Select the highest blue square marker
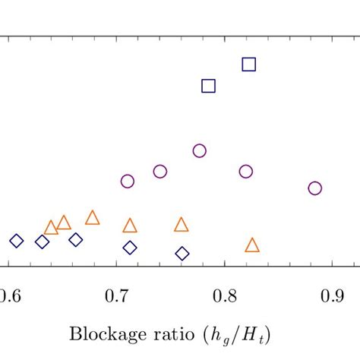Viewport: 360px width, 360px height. pyautogui.click(x=248, y=65)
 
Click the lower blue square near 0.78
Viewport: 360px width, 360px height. pyautogui.click(x=208, y=86)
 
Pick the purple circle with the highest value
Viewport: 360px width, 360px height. pyautogui.click(x=199, y=150)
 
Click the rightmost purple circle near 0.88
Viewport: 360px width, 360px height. pyautogui.click(x=314, y=188)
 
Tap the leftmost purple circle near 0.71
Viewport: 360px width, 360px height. pyautogui.click(x=128, y=181)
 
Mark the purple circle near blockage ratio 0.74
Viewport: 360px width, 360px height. pyautogui.click(x=159, y=172)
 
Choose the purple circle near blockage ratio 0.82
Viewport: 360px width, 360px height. pyautogui.click(x=245, y=172)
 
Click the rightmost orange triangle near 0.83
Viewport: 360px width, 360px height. pyautogui.click(x=252, y=245)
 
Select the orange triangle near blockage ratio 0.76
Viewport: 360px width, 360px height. pyautogui.click(x=181, y=225)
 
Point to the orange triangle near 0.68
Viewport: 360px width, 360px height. pyautogui.click(x=92, y=219)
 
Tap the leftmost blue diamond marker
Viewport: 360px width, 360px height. pyautogui.click(x=17, y=241)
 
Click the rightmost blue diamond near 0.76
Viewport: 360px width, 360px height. pyautogui.click(x=182, y=253)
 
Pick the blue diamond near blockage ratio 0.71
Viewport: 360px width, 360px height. pyautogui.click(x=130, y=248)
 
